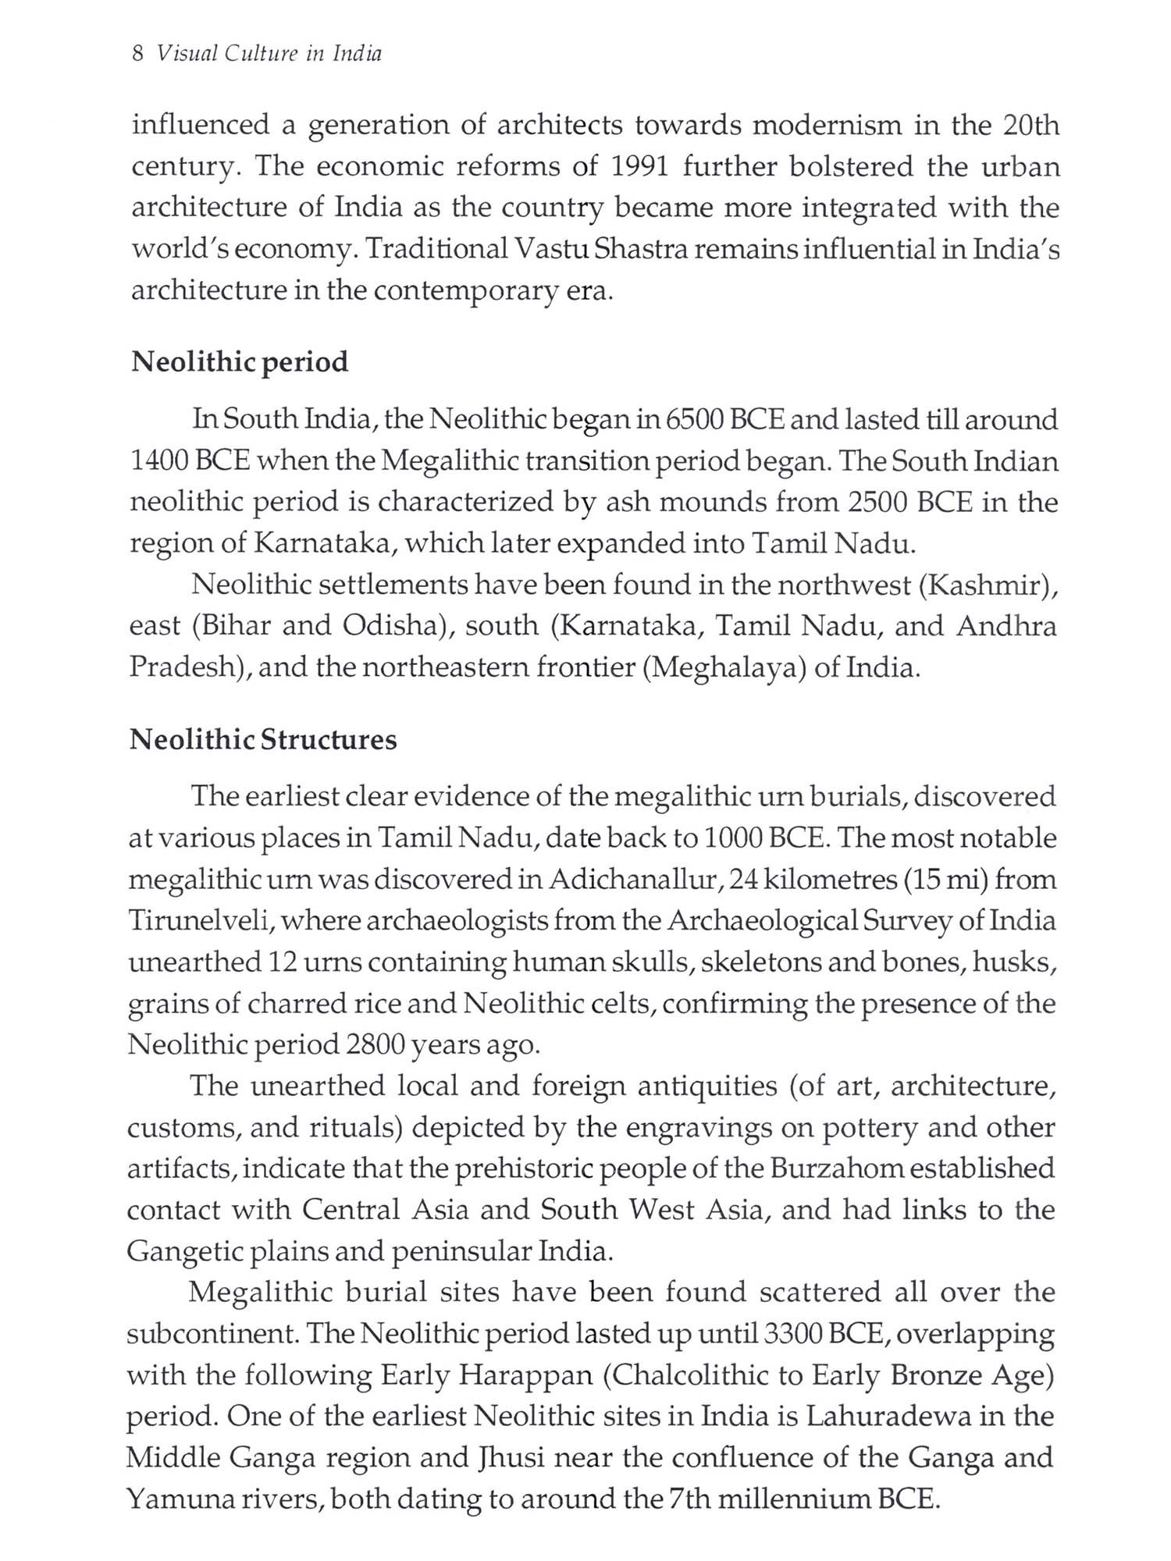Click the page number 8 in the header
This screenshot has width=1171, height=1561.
137,54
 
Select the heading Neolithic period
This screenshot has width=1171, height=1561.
240,362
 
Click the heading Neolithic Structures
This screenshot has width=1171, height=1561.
263,739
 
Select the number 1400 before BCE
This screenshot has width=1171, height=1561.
158,461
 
